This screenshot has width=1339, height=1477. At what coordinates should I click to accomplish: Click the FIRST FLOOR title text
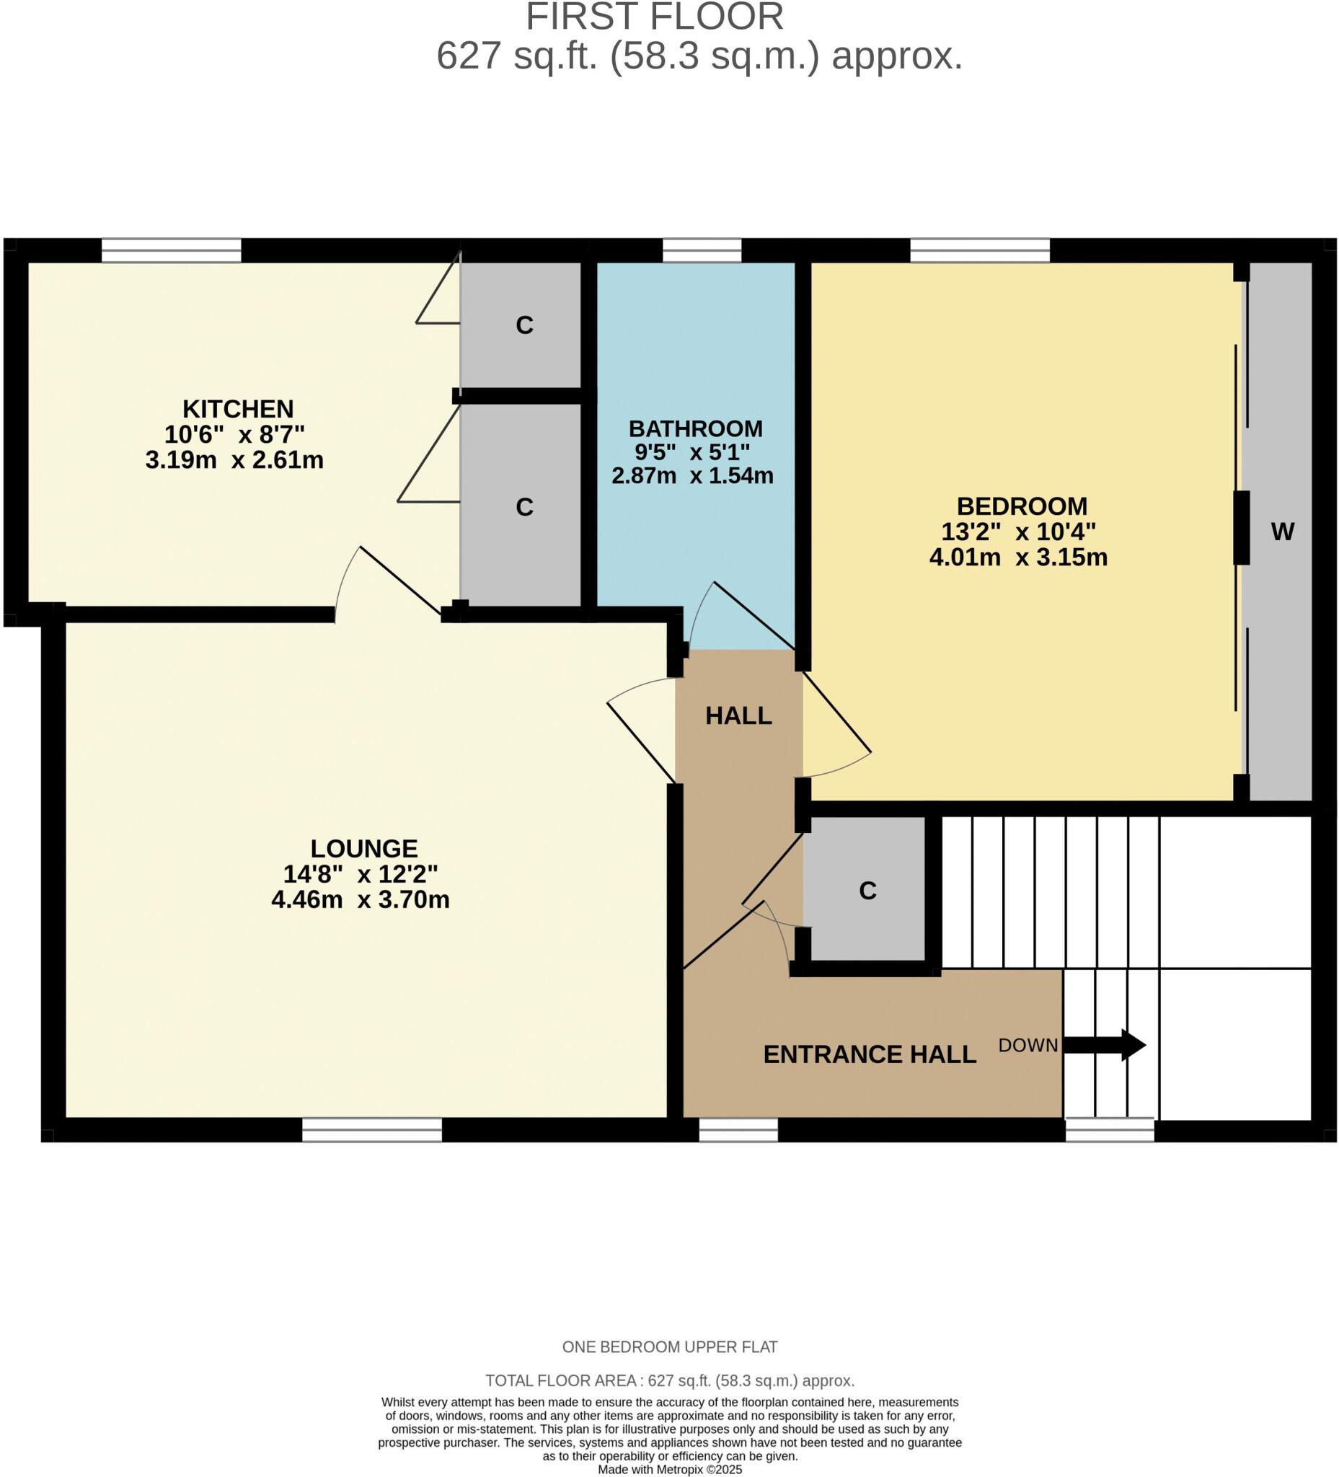pos(654,16)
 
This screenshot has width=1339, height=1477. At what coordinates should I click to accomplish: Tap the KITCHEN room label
pos(237,408)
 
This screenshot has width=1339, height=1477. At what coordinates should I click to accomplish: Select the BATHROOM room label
pos(695,428)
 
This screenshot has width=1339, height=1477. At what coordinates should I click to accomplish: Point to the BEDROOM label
pos(1021,506)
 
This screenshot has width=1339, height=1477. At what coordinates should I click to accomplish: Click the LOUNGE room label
pos(363,848)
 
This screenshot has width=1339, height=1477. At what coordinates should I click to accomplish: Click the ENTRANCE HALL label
pos(869,1054)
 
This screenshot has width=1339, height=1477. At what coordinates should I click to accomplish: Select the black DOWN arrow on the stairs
pos(1103,1045)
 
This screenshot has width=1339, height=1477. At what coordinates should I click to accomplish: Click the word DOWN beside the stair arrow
pos(1027,1046)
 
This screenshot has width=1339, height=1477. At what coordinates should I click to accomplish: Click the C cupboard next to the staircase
pos(867,891)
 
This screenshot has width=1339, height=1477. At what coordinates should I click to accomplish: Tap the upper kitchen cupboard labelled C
pos(523,325)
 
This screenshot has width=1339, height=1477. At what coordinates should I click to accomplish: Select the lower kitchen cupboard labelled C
pos(523,507)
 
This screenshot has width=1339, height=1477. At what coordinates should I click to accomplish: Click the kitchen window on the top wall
pos(171,250)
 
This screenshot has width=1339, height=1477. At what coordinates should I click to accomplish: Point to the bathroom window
pos(701,250)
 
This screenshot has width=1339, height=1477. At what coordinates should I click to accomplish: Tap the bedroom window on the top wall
pos(979,250)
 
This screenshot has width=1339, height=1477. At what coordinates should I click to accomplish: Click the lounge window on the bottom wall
pos(371,1129)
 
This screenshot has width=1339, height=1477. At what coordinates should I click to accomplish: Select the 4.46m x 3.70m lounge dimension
pos(360,899)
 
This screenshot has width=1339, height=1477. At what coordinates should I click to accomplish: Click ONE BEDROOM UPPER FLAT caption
pos(668,1346)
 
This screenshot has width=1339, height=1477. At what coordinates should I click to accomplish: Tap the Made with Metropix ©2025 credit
pos(668,1469)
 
